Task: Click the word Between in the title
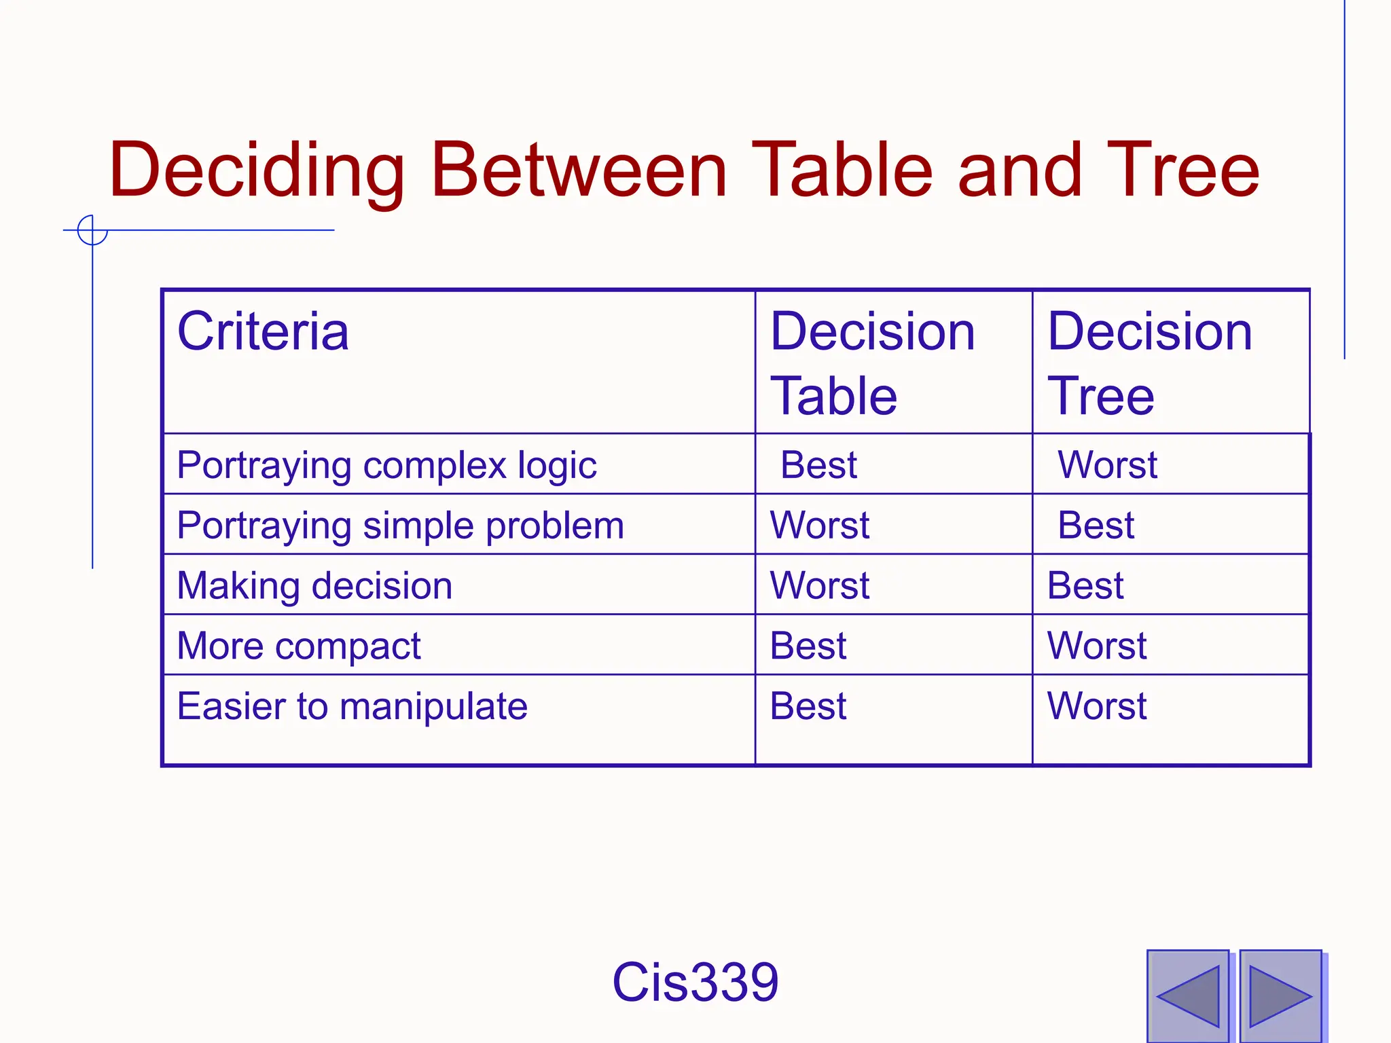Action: click(579, 170)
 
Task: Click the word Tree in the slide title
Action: click(1182, 170)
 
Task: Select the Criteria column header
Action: click(263, 331)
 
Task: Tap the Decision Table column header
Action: click(872, 363)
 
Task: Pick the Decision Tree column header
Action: click(1149, 363)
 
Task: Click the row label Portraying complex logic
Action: click(386, 466)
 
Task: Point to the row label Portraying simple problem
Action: click(400, 526)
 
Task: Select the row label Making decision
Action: click(314, 585)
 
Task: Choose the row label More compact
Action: click(299, 646)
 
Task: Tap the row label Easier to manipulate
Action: click(352, 706)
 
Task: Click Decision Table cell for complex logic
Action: click(818, 465)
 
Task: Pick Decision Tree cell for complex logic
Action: click(1107, 465)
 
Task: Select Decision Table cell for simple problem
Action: click(819, 526)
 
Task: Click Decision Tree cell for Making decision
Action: click(1085, 585)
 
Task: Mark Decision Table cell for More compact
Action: click(808, 646)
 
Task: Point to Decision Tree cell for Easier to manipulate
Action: click(1096, 706)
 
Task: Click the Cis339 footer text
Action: click(695, 982)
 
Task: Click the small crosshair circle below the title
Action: click(92, 230)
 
